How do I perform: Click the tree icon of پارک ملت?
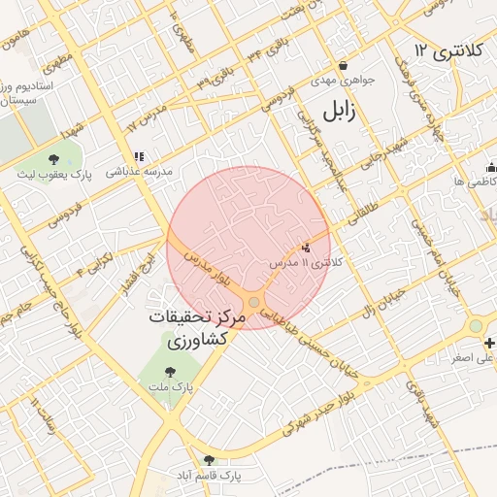click(x=171, y=371)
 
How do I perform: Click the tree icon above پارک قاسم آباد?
click(x=208, y=460)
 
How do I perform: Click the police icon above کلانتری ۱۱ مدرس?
click(x=308, y=248)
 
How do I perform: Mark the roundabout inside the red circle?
click(x=254, y=303)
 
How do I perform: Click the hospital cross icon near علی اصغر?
click(x=491, y=343)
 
